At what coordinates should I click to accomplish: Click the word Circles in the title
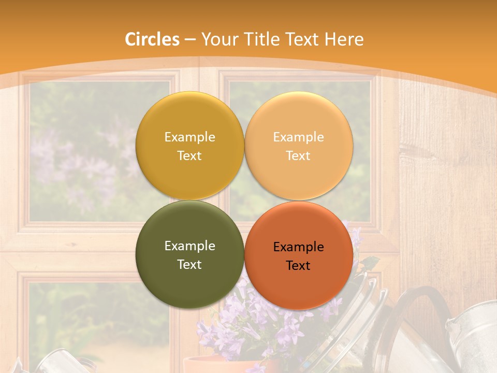tap(152, 39)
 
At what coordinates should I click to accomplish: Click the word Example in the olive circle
tap(189, 246)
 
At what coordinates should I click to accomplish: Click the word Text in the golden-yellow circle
tap(189, 156)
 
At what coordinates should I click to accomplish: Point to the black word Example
tap(298, 247)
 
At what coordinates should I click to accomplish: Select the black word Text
tap(298, 266)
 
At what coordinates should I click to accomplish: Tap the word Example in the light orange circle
tap(298, 137)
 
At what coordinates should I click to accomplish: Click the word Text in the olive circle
tap(189, 265)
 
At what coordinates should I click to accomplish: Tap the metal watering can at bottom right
tap(471, 337)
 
